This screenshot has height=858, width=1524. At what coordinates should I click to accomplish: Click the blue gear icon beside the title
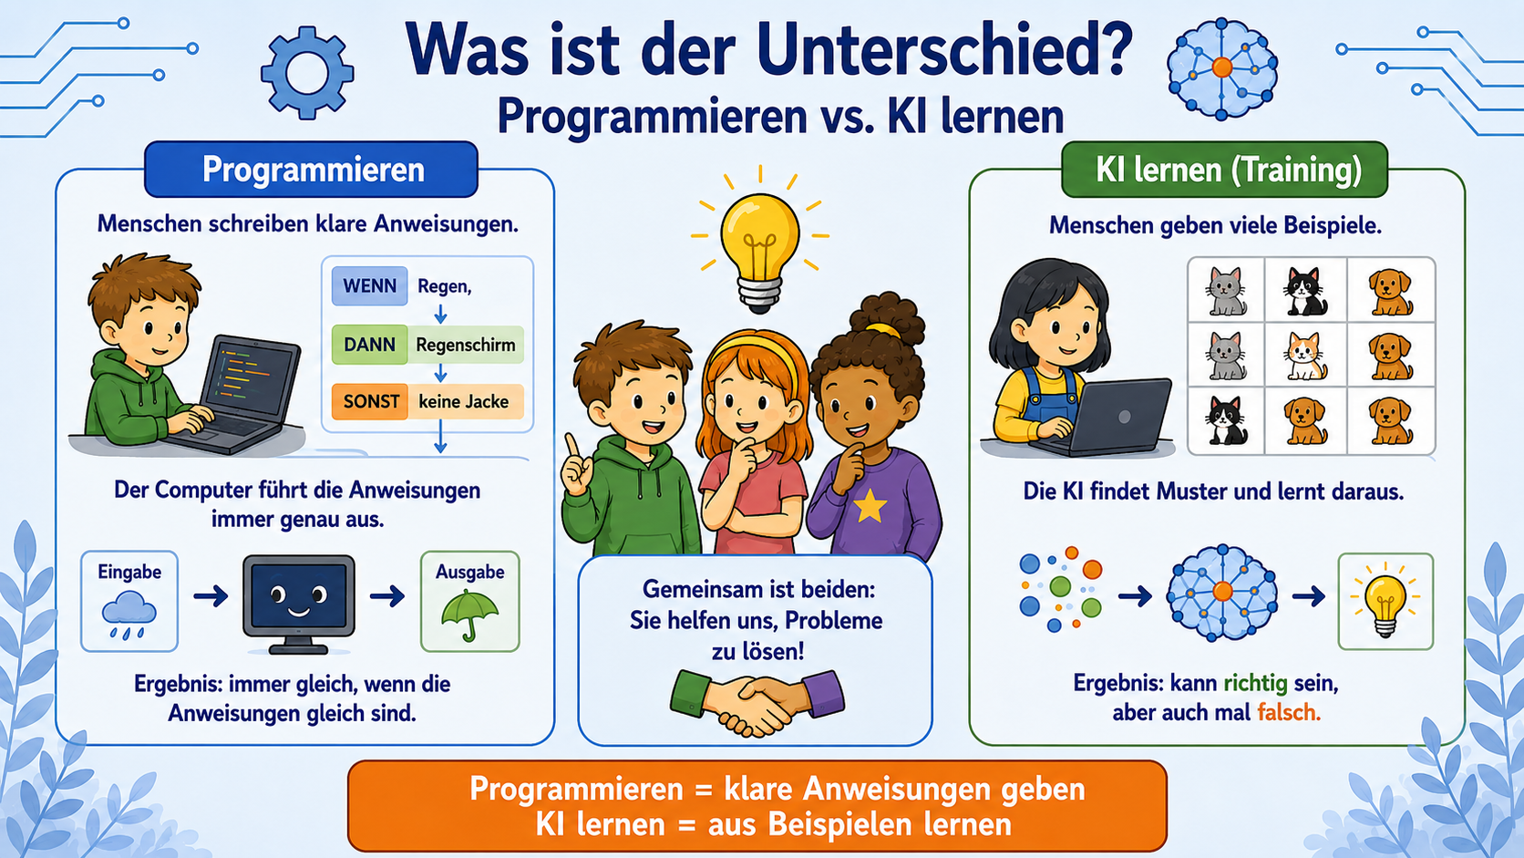(x=307, y=73)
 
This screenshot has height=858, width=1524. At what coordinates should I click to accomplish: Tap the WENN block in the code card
(x=369, y=285)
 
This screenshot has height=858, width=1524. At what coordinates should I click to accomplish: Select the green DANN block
(x=369, y=345)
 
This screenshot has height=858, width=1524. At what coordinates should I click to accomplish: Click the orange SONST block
(x=369, y=401)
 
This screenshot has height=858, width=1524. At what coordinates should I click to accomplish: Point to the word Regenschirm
(x=466, y=345)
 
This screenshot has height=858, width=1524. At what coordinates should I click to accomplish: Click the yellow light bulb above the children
(x=759, y=245)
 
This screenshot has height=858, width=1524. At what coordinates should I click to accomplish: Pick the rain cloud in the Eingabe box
(x=129, y=613)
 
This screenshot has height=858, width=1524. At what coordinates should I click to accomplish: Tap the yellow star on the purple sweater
(x=870, y=506)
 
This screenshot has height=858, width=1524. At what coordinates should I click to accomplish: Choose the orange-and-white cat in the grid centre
(x=1304, y=356)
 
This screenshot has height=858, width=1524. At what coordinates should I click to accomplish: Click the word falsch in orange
(x=1289, y=712)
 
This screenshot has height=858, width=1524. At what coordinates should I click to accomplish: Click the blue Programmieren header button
(x=312, y=170)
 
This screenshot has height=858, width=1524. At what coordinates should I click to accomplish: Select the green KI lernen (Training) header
(x=1224, y=170)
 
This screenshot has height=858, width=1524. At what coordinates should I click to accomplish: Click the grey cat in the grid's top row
(x=1225, y=291)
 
